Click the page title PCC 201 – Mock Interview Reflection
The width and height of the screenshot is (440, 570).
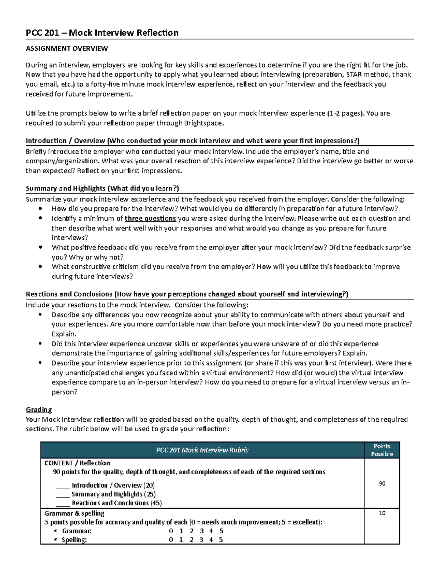(102, 33)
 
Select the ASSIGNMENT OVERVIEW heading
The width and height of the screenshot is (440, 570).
(67, 48)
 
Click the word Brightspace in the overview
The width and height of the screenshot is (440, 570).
(204, 123)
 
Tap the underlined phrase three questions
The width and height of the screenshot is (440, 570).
(150, 219)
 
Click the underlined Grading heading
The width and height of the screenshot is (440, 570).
(39, 410)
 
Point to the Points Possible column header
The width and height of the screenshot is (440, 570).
(382, 450)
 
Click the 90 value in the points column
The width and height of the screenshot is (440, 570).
(382, 484)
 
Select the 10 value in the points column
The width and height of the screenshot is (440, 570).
(382, 513)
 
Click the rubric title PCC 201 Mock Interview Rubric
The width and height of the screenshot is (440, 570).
(202, 450)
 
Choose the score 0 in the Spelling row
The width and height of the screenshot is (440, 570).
(170, 540)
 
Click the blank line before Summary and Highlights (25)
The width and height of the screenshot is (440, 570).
(63, 494)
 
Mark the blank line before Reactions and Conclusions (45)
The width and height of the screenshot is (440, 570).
(63, 503)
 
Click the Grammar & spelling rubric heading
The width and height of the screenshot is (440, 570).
(74, 513)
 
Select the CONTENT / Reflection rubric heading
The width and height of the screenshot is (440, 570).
(77, 463)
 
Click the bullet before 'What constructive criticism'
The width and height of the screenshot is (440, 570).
(40, 267)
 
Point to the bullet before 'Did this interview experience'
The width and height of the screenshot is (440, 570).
(40, 344)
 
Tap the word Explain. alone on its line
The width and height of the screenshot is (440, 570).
(64, 334)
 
